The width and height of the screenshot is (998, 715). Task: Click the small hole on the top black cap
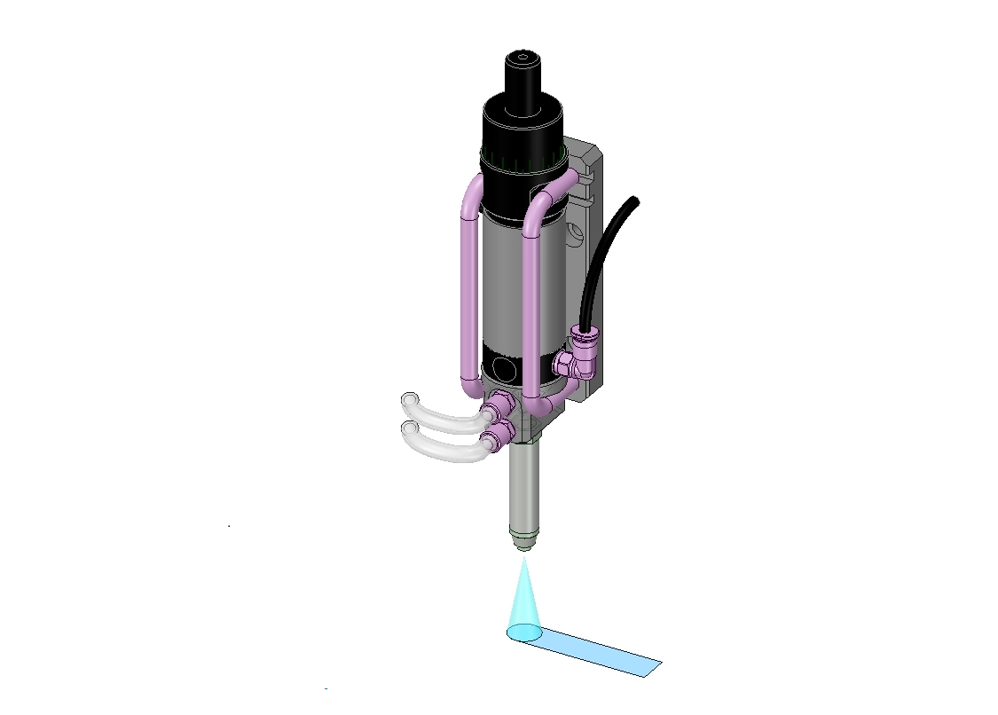(523, 60)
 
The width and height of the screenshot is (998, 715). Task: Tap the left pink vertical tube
(467, 293)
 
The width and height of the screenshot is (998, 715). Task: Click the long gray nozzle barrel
(524, 488)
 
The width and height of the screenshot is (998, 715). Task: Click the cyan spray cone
(523, 603)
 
